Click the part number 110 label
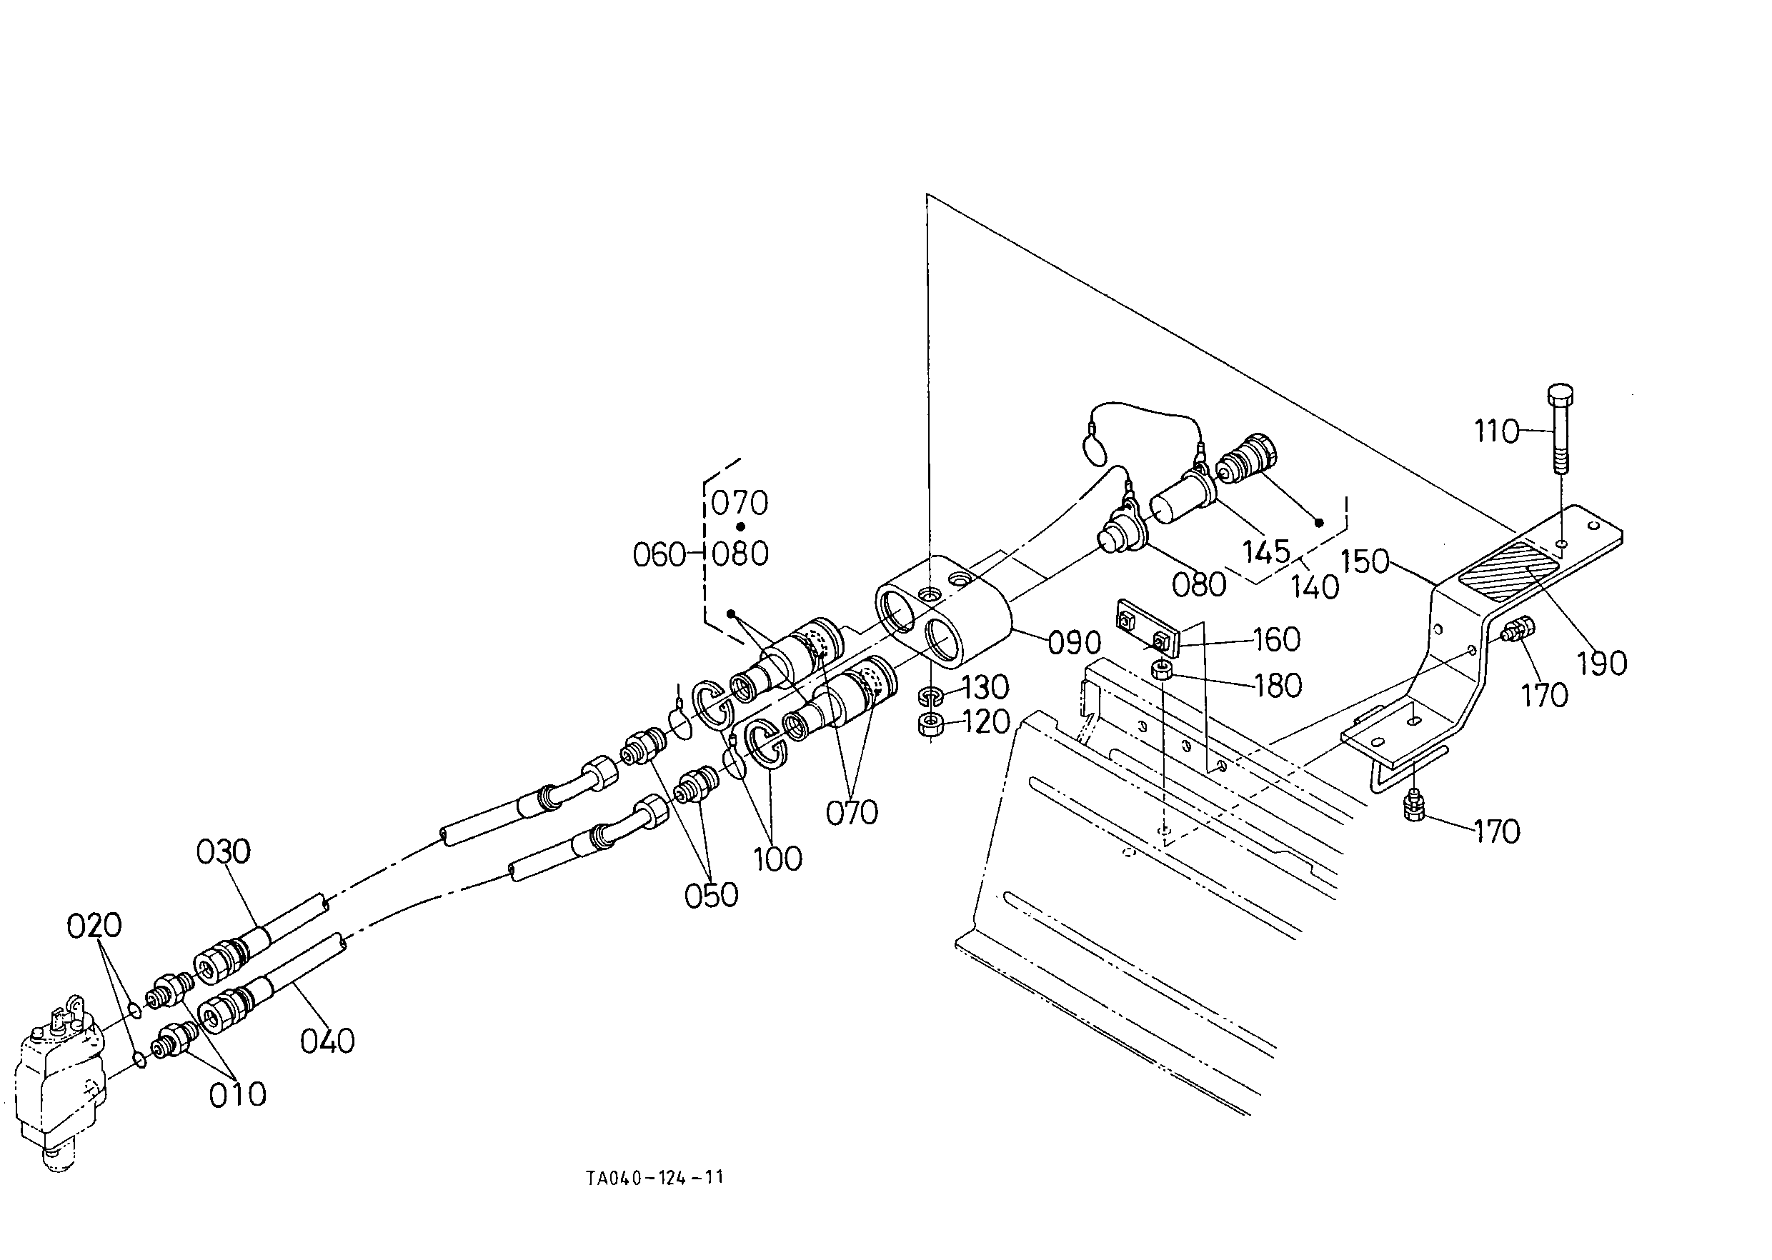1495,431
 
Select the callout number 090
1074,642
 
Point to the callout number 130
986,687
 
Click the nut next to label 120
930,726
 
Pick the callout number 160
1277,639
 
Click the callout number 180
1278,686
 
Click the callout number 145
1266,551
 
